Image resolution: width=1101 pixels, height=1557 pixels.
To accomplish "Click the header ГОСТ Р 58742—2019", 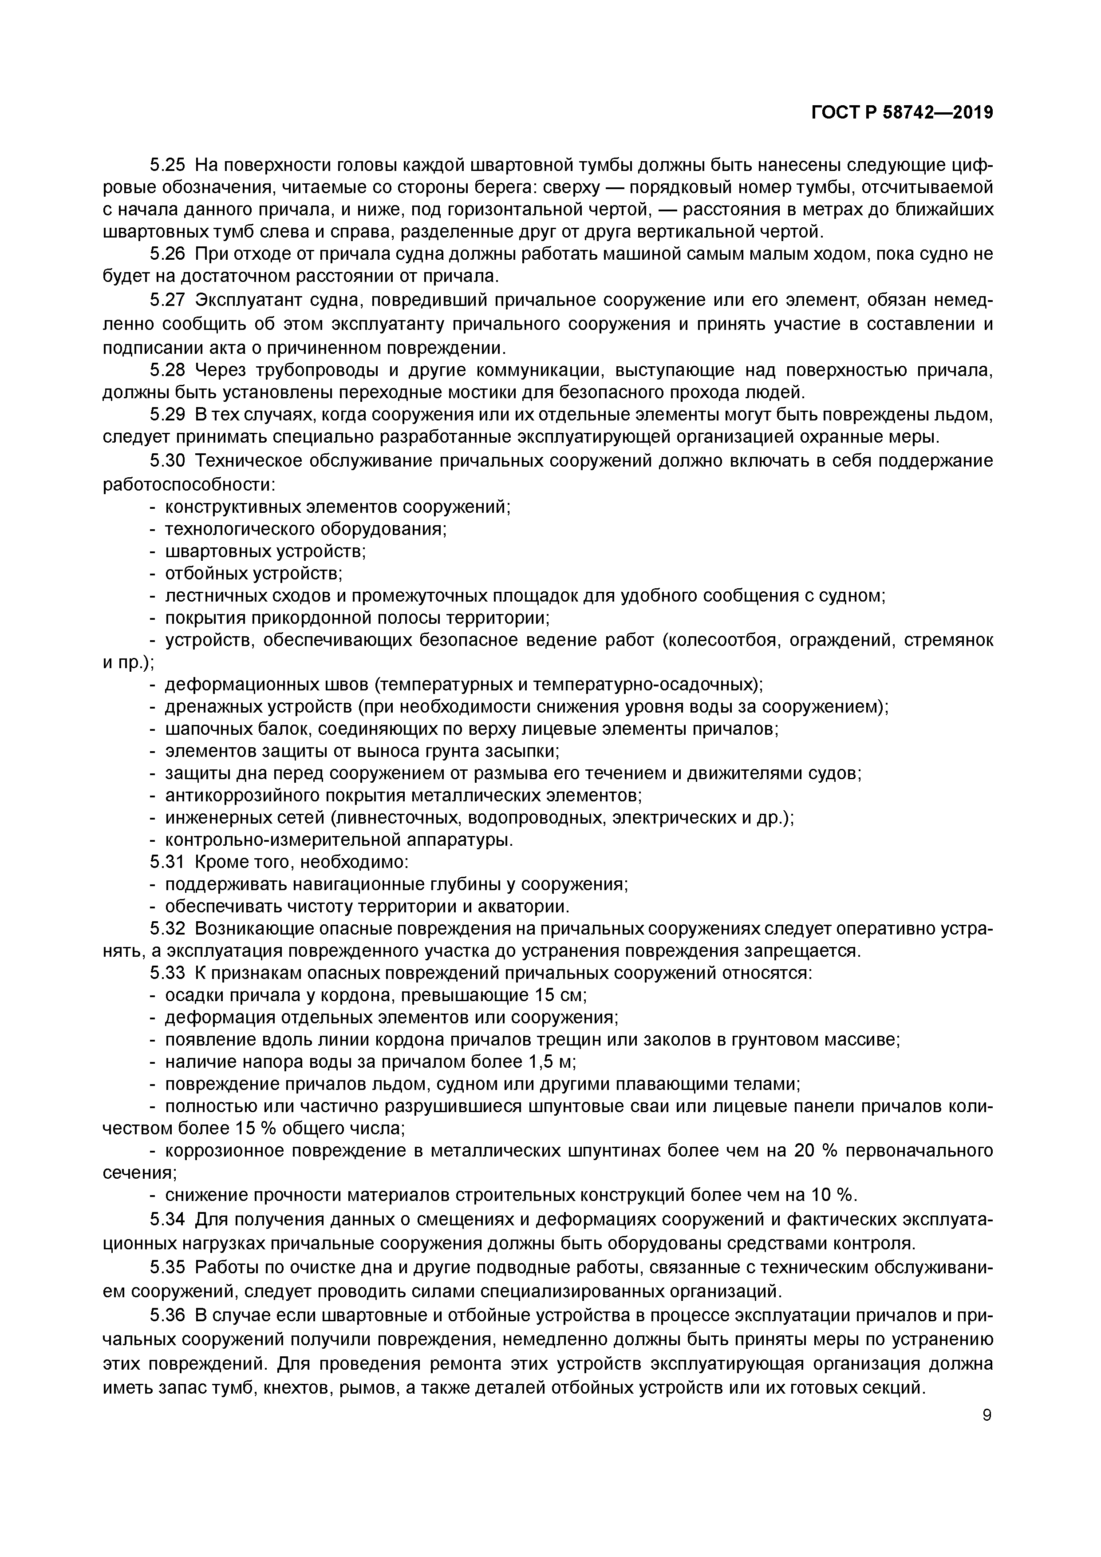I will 902,113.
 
